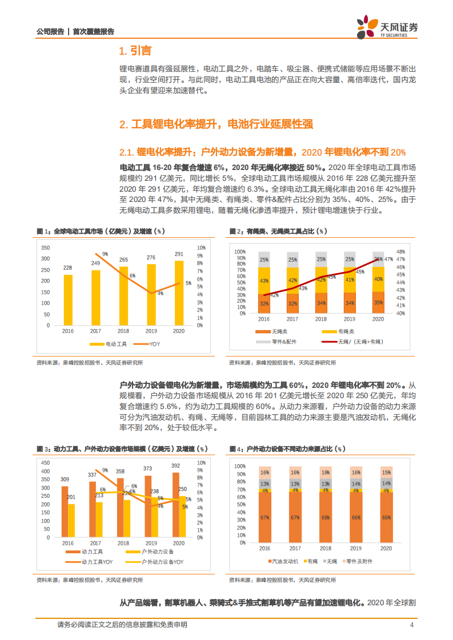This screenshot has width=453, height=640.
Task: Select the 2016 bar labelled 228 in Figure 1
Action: coord(68,299)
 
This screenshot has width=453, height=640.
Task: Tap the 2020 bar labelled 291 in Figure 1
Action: coord(179,293)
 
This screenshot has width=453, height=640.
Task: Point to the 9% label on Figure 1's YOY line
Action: coord(105,254)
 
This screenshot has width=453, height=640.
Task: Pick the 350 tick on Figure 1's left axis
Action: coord(46,248)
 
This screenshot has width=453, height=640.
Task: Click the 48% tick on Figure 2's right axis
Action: coord(400,252)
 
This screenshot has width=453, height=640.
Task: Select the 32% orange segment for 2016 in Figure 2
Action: coord(263,304)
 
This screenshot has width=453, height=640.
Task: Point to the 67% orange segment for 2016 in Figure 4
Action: coord(264,517)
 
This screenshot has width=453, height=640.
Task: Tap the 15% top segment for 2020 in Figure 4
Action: coord(386,472)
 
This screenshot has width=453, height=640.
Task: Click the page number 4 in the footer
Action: coord(411,625)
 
